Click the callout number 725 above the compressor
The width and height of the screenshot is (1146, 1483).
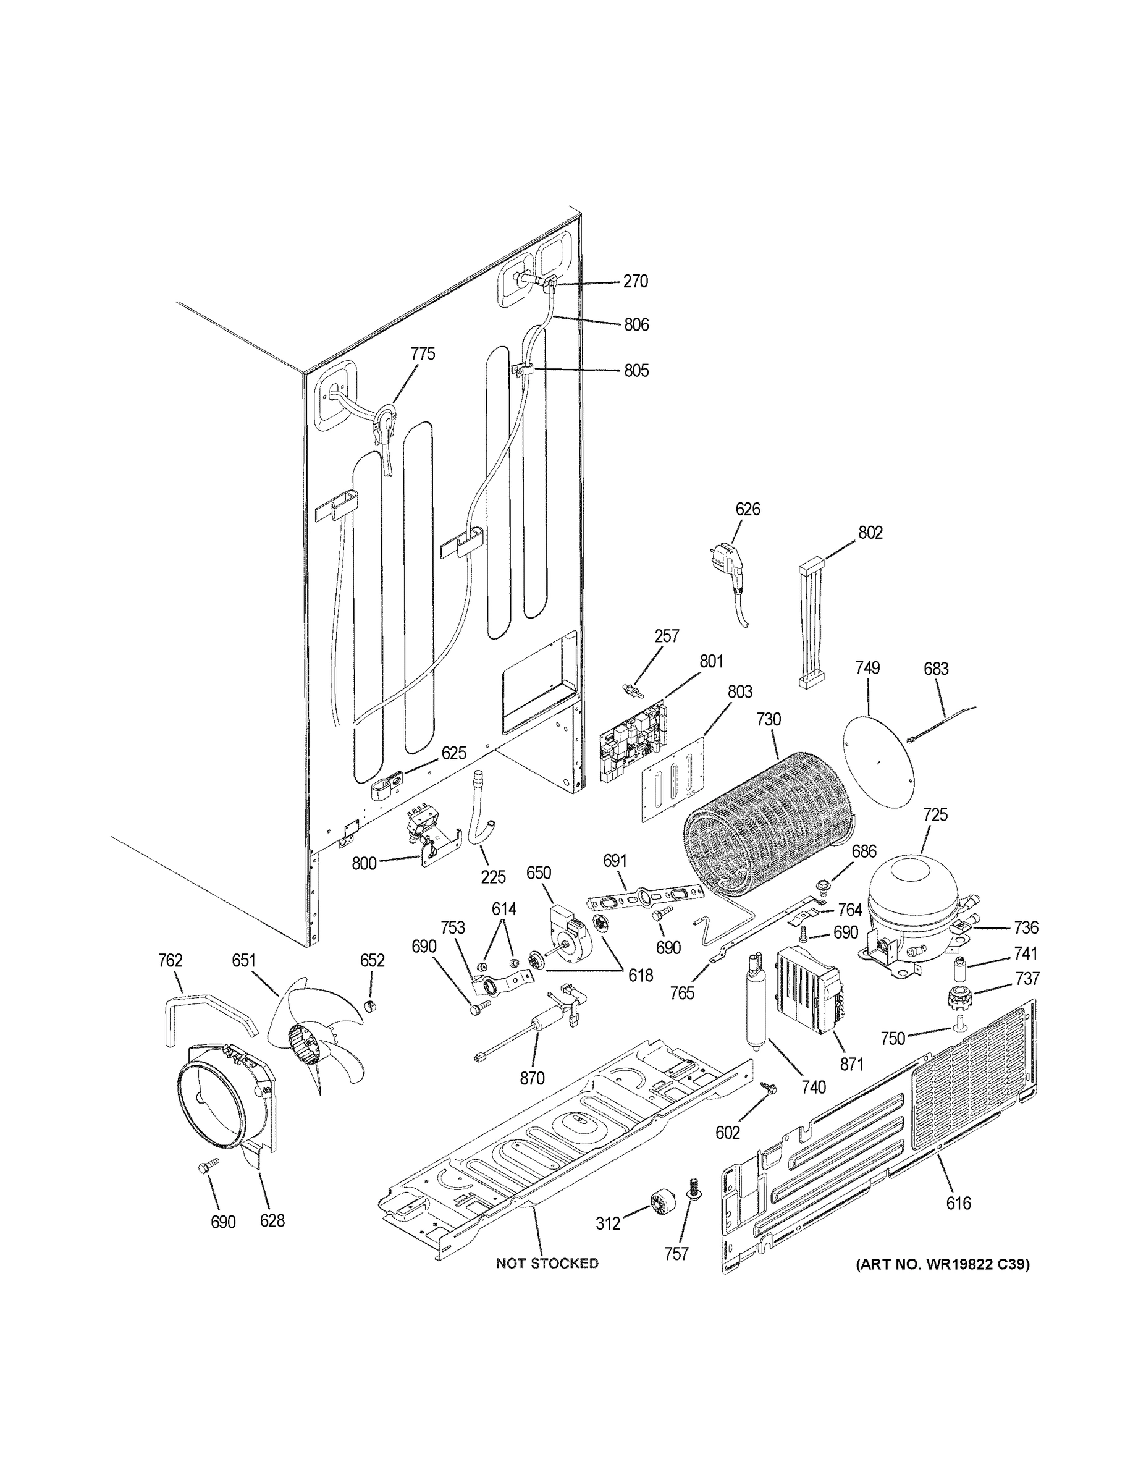935,814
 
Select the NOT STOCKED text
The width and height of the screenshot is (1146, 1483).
547,1263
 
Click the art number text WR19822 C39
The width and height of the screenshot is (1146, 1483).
942,1264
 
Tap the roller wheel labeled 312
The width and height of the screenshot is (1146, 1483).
660,1202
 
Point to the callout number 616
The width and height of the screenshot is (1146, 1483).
959,1203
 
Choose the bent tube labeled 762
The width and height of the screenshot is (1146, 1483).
204,1008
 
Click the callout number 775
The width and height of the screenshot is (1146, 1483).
423,354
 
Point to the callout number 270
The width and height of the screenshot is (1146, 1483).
636,281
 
